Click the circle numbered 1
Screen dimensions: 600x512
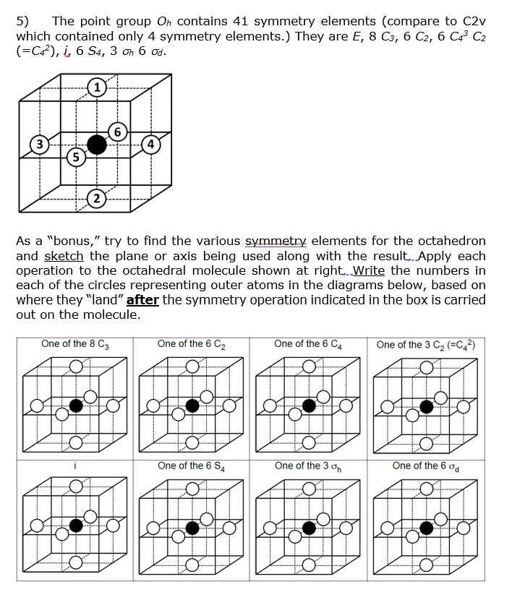[96, 90]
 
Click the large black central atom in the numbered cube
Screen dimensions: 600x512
[96, 145]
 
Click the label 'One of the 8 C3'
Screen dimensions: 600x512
[75, 344]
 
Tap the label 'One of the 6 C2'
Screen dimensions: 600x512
[192, 344]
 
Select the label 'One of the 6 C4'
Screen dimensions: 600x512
[309, 344]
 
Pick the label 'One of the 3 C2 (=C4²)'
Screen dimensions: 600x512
[426, 344]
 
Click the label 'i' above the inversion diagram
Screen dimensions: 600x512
[74, 466]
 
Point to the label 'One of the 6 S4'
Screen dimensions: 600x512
[192, 466]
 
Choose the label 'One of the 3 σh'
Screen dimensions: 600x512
[309, 466]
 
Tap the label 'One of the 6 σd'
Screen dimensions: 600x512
[426, 466]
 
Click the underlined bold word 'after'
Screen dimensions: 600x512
[142, 300]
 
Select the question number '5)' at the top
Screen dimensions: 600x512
[22, 21]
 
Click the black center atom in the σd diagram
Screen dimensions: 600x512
[427, 527]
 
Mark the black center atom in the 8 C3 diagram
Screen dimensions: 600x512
[75, 406]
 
